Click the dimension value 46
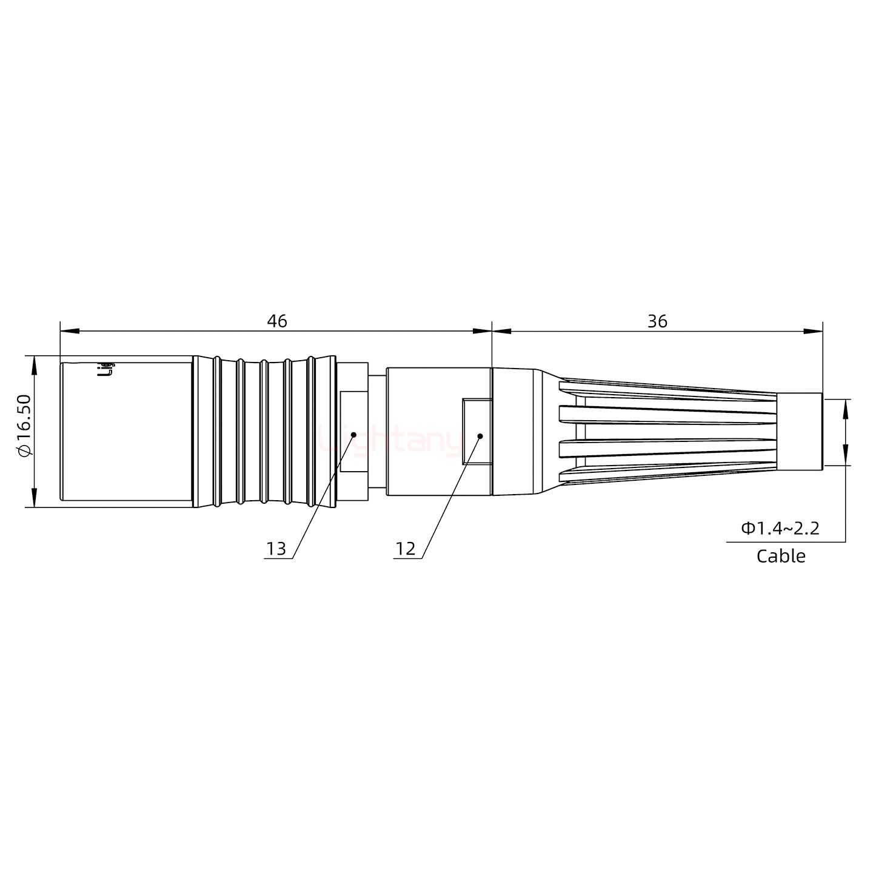[277, 321]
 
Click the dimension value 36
[657, 321]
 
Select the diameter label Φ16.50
[24, 425]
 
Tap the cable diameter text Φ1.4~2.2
[780, 528]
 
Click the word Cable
[781, 556]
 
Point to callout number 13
[276, 549]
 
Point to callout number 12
[405, 549]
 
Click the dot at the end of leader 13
[353, 433]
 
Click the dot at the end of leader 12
[480, 435]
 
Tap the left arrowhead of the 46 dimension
[69, 331]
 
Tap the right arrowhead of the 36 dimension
[814, 331]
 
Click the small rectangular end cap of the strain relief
[799, 432]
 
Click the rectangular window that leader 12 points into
[477, 431]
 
